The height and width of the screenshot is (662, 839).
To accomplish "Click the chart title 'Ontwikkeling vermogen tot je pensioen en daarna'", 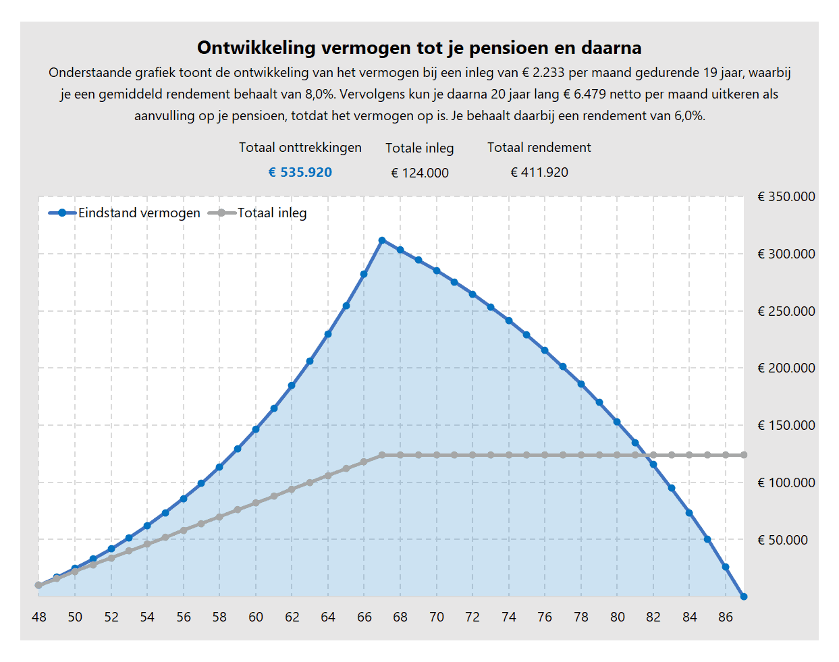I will (x=419, y=48).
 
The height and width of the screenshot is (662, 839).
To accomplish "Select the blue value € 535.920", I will (x=300, y=172).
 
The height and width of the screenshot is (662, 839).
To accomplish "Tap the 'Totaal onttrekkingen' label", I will (x=300, y=147).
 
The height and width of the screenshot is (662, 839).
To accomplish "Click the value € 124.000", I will (x=420, y=173).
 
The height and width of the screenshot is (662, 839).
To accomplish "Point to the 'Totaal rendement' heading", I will (x=539, y=147).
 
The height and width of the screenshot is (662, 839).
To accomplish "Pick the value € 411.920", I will (x=539, y=172).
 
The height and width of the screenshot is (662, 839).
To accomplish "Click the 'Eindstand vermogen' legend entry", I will (x=125, y=213).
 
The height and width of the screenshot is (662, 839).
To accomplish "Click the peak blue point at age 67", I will (x=382, y=240).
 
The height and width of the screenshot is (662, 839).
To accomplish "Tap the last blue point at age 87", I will (x=744, y=597).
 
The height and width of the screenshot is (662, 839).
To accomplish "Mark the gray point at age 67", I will (x=382, y=456).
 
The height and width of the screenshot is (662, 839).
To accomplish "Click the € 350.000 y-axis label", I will (x=786, y=196).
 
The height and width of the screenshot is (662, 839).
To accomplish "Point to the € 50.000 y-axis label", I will (x=782, y=540).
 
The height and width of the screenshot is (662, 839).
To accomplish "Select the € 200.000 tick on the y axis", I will (x=786, y=368).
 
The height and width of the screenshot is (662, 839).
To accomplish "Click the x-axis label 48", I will (x=39, y=617).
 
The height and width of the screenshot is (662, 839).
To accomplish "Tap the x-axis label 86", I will (x=726, y=617).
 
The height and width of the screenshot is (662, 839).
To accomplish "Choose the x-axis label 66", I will (x=364, y=617).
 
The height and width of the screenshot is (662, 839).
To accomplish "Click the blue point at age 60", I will (x=256, y=429).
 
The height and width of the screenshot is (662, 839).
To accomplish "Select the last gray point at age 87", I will (x=744, y=456).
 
